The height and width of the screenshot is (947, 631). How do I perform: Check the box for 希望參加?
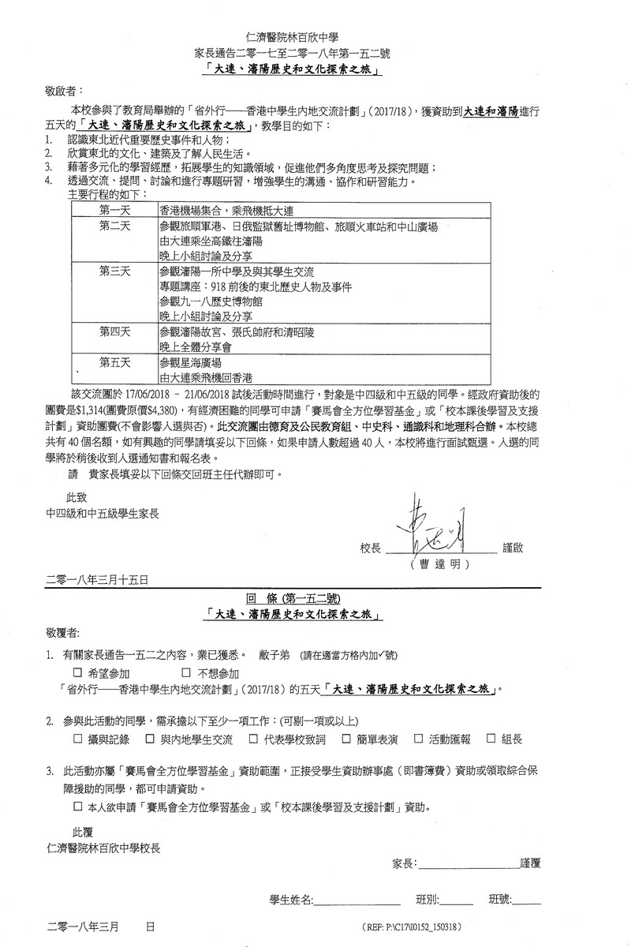click(77, 673)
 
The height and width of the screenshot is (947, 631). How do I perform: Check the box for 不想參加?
click(186, 673)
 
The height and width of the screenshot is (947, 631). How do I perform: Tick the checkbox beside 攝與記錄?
click(77, 739)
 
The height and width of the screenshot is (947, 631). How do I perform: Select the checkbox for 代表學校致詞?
click(254, 739)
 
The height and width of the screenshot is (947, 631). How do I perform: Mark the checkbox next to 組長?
click(491, 739)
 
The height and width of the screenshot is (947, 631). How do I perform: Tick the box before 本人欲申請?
click(77, 807)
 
